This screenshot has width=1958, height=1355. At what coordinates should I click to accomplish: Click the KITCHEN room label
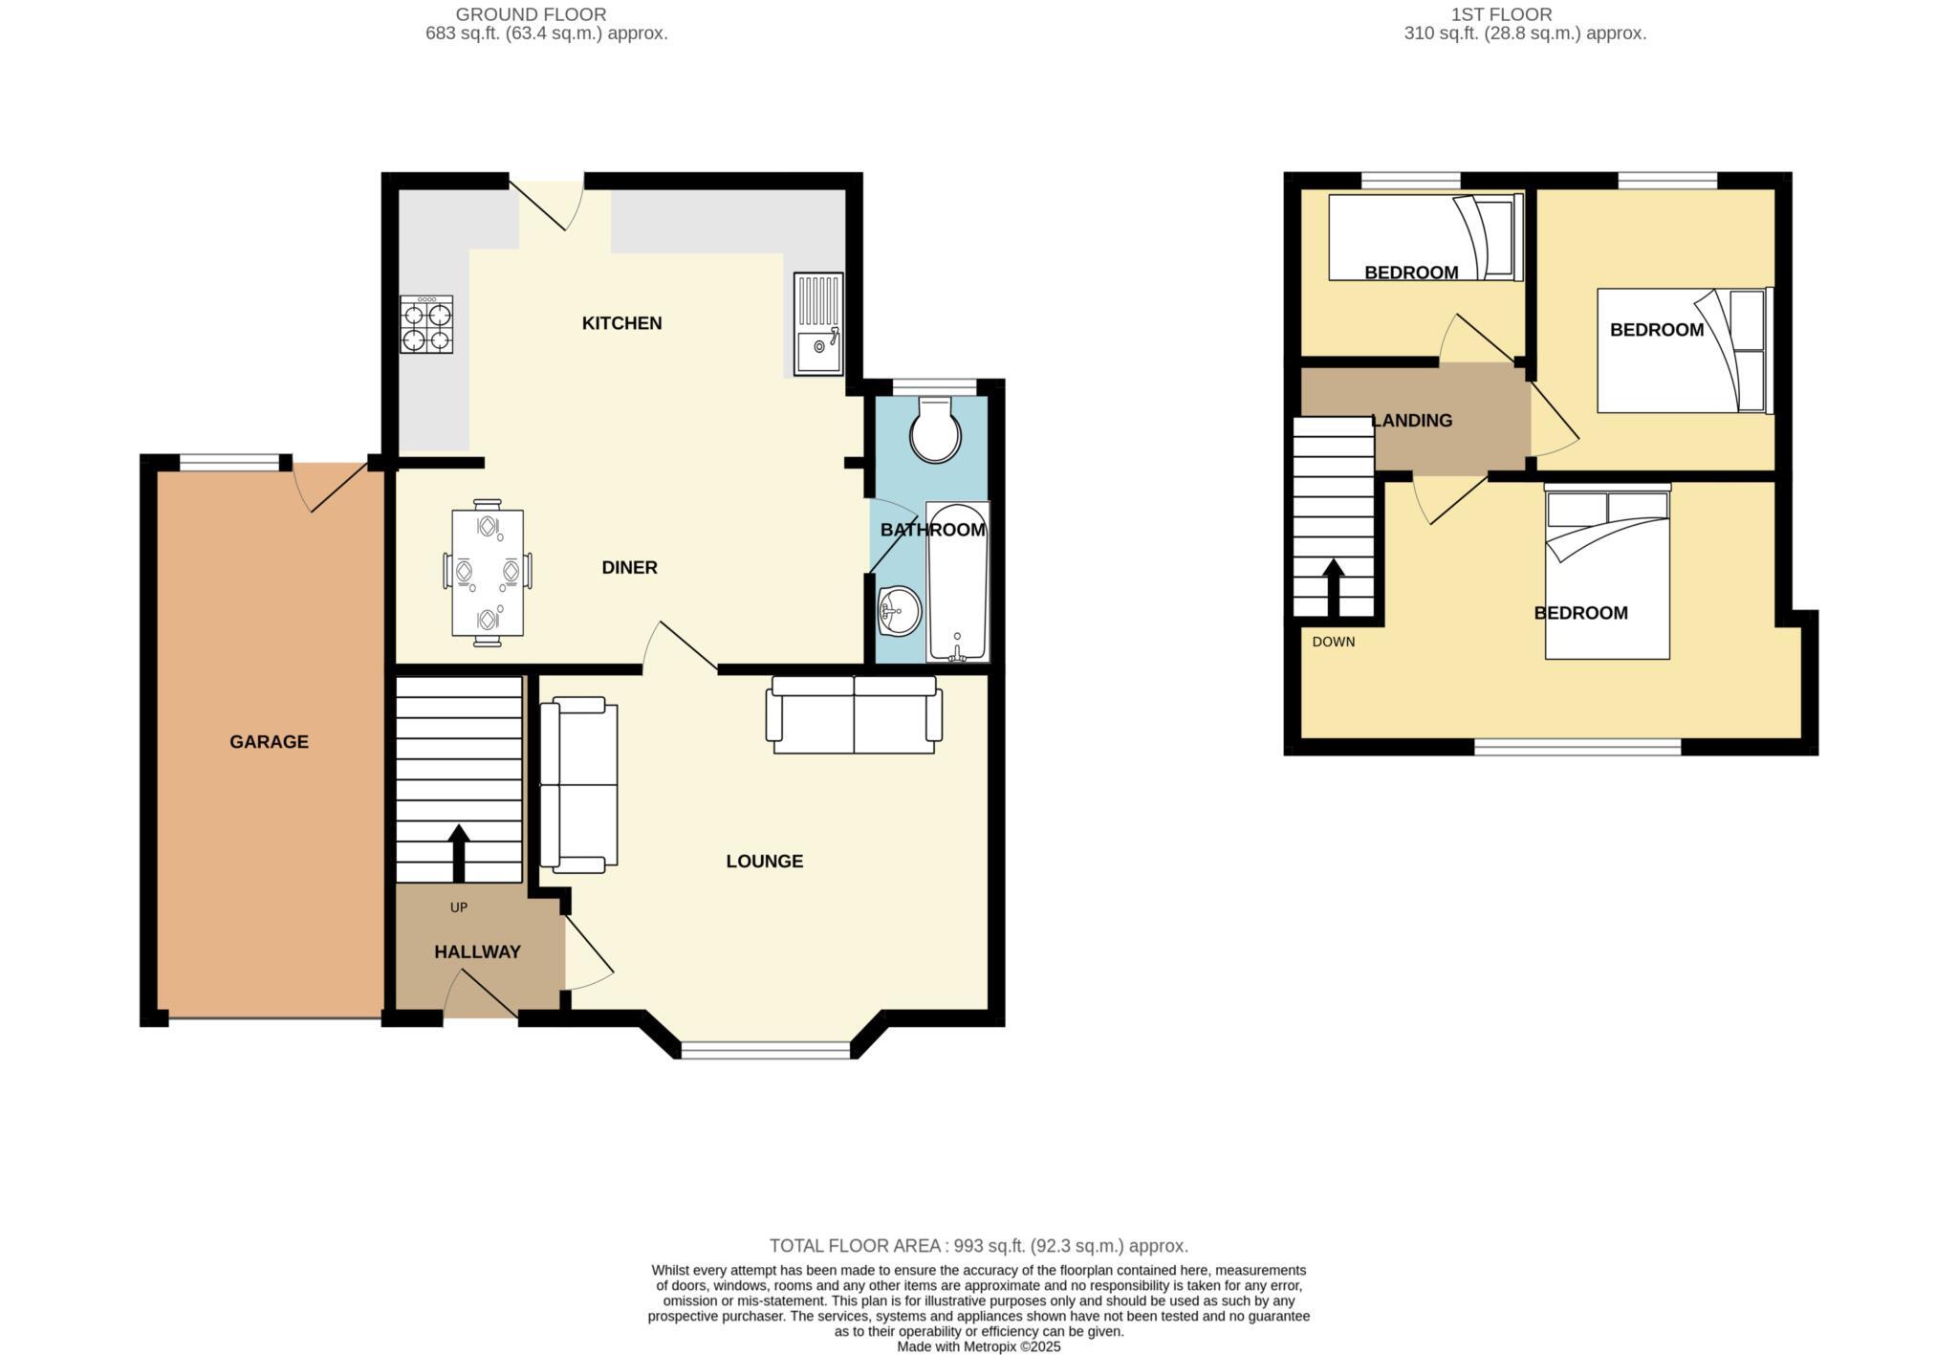coord(621,323)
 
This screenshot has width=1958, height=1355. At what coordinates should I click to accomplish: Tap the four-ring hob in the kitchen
coord(426,325)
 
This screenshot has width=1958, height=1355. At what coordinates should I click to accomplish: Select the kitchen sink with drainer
coord(818,324)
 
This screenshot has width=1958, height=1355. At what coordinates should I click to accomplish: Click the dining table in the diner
coord(488,572)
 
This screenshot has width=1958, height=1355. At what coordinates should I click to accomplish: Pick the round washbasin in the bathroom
coord(899,609)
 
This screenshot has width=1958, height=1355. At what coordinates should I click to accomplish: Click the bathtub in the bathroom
coord(957,583)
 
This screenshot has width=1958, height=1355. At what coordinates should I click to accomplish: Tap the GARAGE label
coord(269,742)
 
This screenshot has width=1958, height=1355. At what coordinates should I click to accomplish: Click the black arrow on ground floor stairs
coord(459,851)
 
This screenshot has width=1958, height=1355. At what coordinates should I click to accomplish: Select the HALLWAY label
coord(477,952)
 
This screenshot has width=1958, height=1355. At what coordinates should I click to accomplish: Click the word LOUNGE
coord(764,862)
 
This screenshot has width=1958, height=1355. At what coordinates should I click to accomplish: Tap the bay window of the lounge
coord(765,1051)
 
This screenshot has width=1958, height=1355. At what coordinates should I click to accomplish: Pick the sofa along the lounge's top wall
coord(854,714)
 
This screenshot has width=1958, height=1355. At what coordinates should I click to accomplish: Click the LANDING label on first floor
coord(1412,421)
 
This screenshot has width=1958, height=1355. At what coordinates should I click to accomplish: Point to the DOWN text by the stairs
coord(1333,642)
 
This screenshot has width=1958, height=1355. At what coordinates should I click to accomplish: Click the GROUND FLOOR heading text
coord(531,14)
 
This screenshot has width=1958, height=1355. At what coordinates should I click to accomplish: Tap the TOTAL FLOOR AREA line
coord(978,1246)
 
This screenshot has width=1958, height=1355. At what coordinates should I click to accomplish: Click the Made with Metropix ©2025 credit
coord(978,1346)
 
